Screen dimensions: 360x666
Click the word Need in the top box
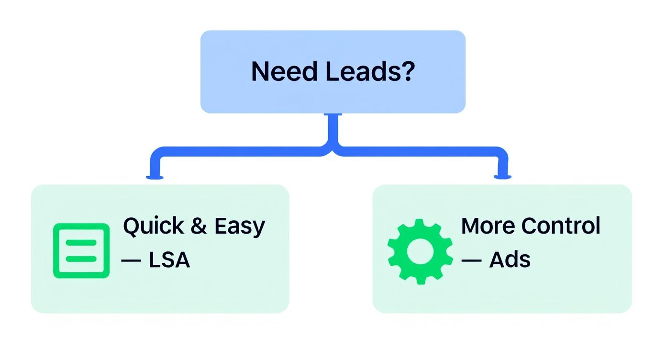click(x=284, y=72)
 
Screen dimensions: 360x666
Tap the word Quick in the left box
click(x=153, y=226)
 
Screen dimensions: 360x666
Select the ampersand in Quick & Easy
click(x=199, y=226)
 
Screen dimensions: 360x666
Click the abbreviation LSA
click(x=169, y=260)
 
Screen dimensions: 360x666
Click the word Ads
click(x=510, y=260)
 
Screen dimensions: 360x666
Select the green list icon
click(x=81, y=250)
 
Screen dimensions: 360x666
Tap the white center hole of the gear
click(x=420, y=251)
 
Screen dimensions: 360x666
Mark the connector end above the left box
click(x=155, y=176)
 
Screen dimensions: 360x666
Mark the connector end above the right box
click(x=502, y=176)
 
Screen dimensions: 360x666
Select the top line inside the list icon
click(x=81, y=242)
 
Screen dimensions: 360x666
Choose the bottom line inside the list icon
click(x=81, y=259)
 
